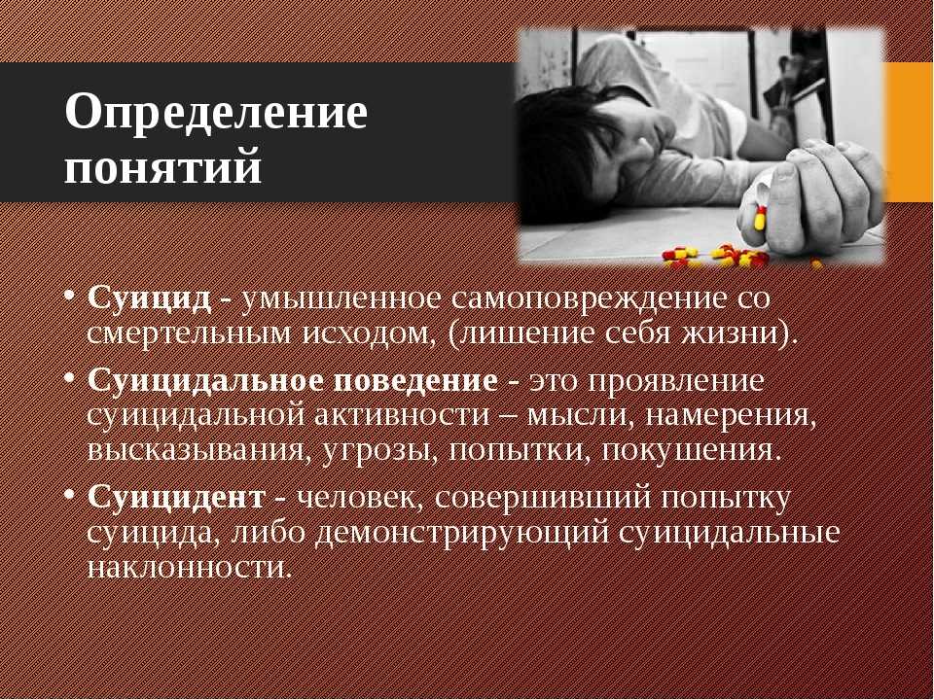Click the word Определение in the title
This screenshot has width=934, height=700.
216,113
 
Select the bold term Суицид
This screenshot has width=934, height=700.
149,298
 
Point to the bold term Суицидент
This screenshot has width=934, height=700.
176,498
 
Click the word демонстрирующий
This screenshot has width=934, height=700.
462,533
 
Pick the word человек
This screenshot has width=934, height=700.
356,498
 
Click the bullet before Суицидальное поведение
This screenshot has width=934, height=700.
71,377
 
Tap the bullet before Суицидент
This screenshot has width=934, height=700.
71,494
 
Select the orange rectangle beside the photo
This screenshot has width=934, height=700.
909,131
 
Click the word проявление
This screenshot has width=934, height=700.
675,381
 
